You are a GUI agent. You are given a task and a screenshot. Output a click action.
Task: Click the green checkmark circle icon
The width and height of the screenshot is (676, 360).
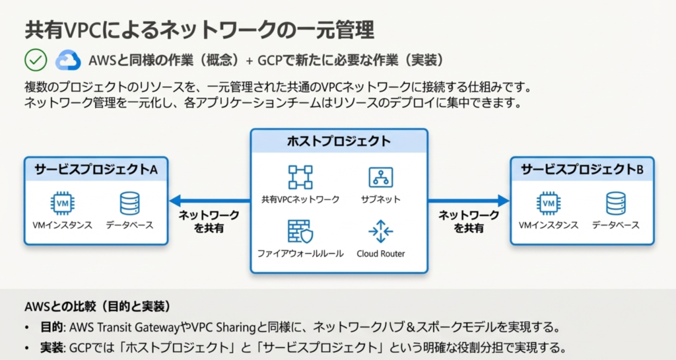[35, 59]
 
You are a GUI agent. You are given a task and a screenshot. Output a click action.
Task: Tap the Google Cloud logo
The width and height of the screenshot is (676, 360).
[67, 59]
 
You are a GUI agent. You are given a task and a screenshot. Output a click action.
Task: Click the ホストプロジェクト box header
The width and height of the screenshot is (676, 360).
[339, 141]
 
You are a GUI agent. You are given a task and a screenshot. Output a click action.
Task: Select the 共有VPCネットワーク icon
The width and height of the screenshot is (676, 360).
[300, 177]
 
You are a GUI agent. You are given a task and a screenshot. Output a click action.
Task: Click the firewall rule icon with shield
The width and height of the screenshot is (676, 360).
[300, 232]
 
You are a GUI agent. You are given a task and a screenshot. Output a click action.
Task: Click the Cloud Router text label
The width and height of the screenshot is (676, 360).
[381, 254]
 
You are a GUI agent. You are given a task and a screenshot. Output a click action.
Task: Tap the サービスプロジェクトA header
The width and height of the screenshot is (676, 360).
[96, 169]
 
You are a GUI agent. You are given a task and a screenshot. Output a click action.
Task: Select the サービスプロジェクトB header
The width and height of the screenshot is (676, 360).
[582, 169]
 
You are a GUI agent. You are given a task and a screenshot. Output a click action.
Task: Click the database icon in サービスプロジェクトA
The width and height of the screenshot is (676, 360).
[129, 203]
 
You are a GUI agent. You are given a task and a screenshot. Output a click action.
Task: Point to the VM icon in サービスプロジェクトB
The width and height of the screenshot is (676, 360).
[549, 203]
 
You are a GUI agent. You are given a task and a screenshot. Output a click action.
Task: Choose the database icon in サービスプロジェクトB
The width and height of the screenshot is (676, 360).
[615, 203]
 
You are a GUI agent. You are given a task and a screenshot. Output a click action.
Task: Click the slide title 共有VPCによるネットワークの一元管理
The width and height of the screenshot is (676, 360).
[199, 30]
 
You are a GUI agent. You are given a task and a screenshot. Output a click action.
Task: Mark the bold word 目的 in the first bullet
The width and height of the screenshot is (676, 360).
[52, 327]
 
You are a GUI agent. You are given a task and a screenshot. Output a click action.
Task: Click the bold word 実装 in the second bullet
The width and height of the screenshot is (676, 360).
[52, 347]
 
